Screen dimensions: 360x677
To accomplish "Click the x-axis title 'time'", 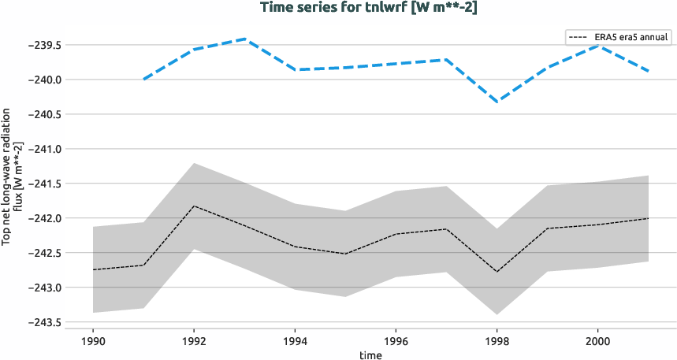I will coord(370,354).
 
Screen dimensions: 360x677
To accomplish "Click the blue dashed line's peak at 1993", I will coord(244,39).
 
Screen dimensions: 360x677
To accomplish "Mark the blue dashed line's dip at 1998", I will coord(497,102).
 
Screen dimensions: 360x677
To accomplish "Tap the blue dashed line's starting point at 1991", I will coord(143,79).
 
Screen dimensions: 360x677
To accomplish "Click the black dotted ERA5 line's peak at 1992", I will coord(194,206).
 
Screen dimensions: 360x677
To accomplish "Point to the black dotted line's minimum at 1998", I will coord(497,272).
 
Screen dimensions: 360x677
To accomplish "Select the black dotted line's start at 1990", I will coord(93,269).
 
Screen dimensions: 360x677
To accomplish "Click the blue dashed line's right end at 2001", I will coord(648,71).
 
